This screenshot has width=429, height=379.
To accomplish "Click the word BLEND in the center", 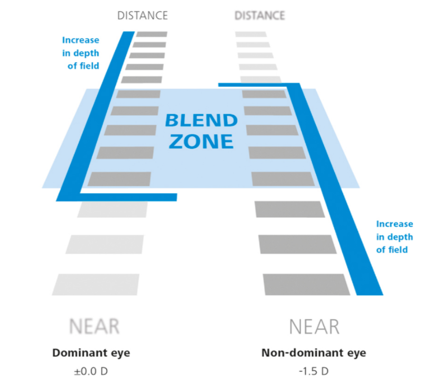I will pyautogui.click(x=201, y=121).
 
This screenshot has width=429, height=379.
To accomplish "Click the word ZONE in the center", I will pyautogui.click(x=201, y=141).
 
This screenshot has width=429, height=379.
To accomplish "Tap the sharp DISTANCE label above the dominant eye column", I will pyautogui.click(x=142, y=15).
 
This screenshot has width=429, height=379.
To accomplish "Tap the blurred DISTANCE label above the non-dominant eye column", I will pyautogui.click(x=260, y=16).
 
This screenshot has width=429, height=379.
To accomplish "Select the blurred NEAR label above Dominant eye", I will pyautogui.click(x=94, y=326).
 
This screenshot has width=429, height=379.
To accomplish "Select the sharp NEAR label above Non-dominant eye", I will pyautogui.click(x=314, y=326).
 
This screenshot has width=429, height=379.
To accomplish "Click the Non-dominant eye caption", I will pyautogui.click(x=313, y=353).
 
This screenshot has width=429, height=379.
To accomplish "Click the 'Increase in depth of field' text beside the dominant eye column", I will pyautogui.click(x=81, y=53).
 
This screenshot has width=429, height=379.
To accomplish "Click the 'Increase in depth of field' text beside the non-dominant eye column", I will pyautogui.click(x=395, y=237).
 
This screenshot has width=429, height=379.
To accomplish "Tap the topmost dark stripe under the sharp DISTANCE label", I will pyautogui.click(x=152, y=34).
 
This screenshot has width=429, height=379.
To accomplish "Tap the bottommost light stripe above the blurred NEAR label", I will pyautogui.click(x=96, y=284).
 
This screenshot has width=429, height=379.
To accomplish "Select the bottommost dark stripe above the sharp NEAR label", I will pyautogui.click(x=306, y=284).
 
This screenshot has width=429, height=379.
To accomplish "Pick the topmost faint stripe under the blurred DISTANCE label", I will pyautogui.click(x=251, y=34).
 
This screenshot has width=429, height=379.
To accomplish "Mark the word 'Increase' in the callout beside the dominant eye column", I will pyautogui.click(x=81, y=40).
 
